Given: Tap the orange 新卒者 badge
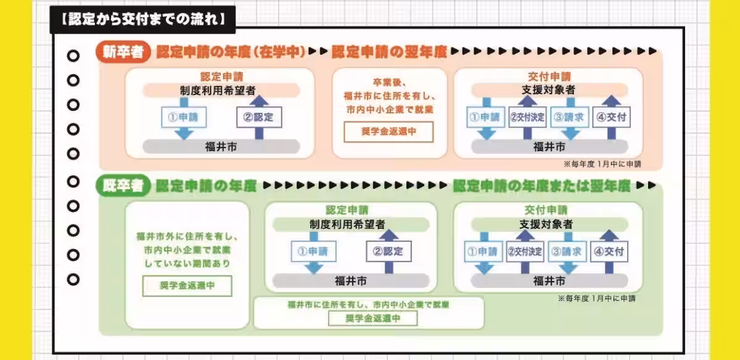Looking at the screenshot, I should click(123, 52).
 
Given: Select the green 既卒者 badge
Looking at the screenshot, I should click(123, 186).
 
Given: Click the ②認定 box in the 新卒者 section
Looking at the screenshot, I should click(259, 117).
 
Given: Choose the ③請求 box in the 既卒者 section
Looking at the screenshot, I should click(567, 252).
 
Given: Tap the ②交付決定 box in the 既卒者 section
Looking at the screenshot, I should click(525, 252).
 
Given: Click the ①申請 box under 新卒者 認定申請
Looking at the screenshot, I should click(183, 117).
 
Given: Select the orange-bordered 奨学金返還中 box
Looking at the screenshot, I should click(388, 132).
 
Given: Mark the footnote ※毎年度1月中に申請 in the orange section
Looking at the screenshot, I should click(602, 165).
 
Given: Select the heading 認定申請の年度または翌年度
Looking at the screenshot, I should click(541, 186).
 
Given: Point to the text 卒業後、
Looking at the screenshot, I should click(388, 82).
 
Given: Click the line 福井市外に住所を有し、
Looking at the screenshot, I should click(187, 236).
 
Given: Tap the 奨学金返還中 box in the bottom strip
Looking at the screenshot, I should click(372, 318).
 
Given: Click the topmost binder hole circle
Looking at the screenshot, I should click(73, 56).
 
